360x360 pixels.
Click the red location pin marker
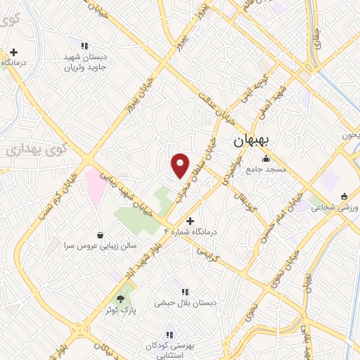(181, 165)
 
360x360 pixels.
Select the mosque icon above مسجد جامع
(264, 159)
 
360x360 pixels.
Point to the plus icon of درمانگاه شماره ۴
(189, 221)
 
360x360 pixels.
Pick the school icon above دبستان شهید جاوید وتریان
(85, 46)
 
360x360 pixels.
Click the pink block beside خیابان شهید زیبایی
(96, 186)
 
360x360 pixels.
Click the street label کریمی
(209, 258)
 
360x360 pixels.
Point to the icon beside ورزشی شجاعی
(343, 197)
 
